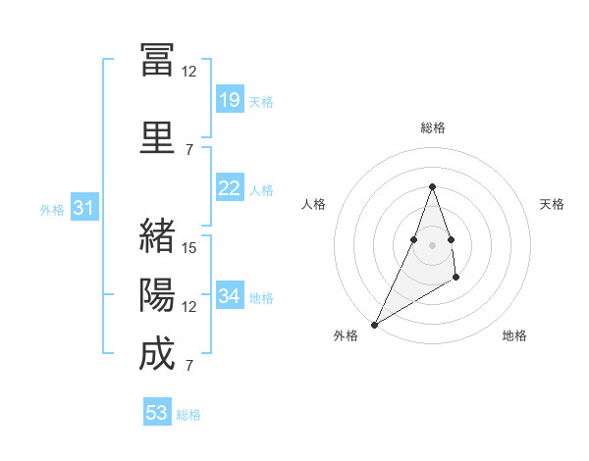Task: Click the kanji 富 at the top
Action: pos(157,60)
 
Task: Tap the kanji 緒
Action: pos(157,236)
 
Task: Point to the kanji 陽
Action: pos(157,295)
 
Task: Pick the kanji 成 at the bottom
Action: pos(157,354)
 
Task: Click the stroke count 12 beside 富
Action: pos(189,72)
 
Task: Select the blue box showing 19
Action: pos(229,100)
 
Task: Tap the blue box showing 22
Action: pos(229,188)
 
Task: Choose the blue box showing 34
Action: pos(229,296)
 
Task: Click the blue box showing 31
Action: pos(83,208)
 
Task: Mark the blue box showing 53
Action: pos(156,413)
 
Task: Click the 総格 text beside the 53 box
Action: pos(188,415)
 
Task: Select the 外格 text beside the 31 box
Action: pos(52,209)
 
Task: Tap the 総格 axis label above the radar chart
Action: pos(432,128)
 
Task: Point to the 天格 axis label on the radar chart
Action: pos(552,204)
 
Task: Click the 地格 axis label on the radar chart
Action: pos(514,335)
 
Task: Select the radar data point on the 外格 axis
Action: pos(374,324)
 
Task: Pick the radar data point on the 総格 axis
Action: pos(432,185)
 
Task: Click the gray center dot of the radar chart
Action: pos(432,244)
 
